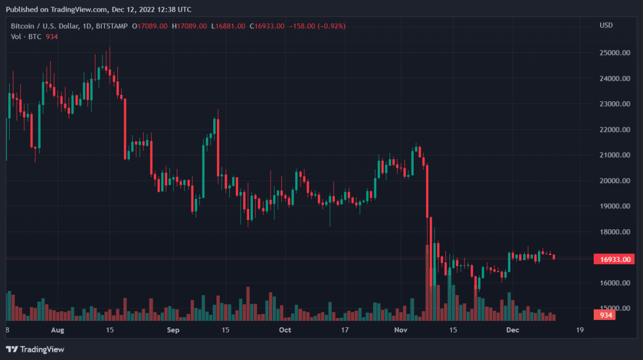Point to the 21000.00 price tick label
614,155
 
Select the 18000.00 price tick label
614,232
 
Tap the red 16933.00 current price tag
614,259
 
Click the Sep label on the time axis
173,330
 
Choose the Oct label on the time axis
285,330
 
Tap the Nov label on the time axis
401,330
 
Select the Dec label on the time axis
513,330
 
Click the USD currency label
606,25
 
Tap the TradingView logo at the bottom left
35,349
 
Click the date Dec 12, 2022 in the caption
131,9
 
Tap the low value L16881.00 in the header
228,26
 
